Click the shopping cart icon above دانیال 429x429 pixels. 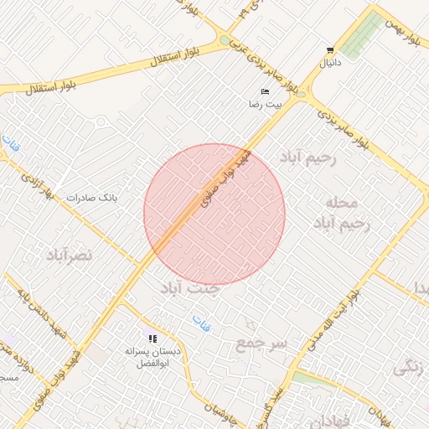click(330, 50)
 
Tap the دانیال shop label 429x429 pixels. click(330, 63)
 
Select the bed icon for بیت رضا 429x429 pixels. click(266, 91)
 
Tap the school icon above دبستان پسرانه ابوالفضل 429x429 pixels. click(152, 339)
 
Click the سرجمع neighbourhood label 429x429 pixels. click(261, 344)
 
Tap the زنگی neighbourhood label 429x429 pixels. click(408, 366)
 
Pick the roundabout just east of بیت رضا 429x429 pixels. click(302, 90)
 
